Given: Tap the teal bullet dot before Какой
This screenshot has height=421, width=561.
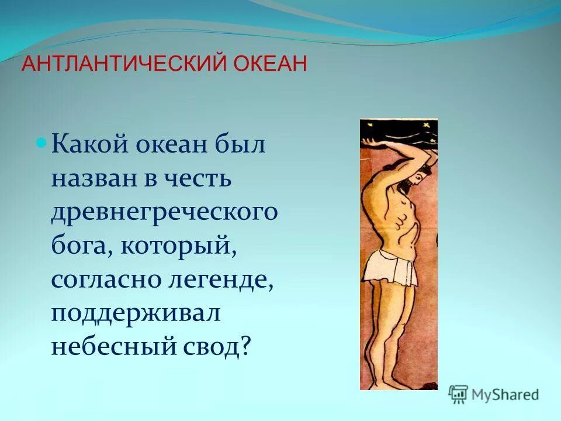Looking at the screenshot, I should (41, 143).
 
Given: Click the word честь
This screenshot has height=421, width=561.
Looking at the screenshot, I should (200, 178).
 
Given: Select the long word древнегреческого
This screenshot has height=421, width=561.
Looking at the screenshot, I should (164, 212).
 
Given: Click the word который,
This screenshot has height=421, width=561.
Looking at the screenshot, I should (179, 246).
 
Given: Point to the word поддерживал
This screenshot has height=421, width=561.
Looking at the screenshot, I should (136, 313).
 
